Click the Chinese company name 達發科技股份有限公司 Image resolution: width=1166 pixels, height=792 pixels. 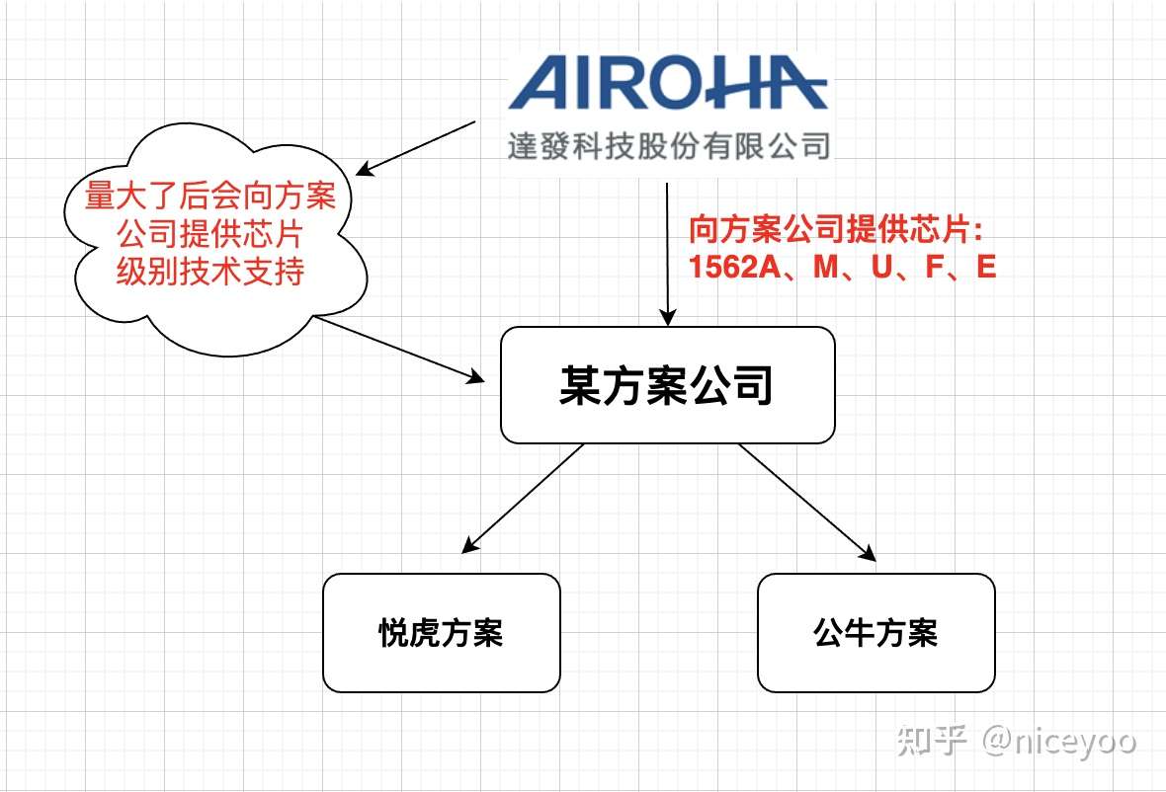(x=668, y=147)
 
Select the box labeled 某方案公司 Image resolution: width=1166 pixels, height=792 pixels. (x=667, y=385)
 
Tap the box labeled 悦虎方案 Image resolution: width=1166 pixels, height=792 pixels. (x=441, y=632)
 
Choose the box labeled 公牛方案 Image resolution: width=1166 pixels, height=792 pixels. (x=875, y=632)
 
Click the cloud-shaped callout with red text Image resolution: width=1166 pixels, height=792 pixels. (x=209, y=237)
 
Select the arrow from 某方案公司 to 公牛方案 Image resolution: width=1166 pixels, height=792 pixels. (x=807, y=502)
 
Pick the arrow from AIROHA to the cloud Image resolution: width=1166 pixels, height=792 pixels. (x=415, y=148)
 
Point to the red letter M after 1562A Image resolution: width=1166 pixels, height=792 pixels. (x=825, y=267)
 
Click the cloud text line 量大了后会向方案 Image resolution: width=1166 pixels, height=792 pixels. (x=209, y=197)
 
